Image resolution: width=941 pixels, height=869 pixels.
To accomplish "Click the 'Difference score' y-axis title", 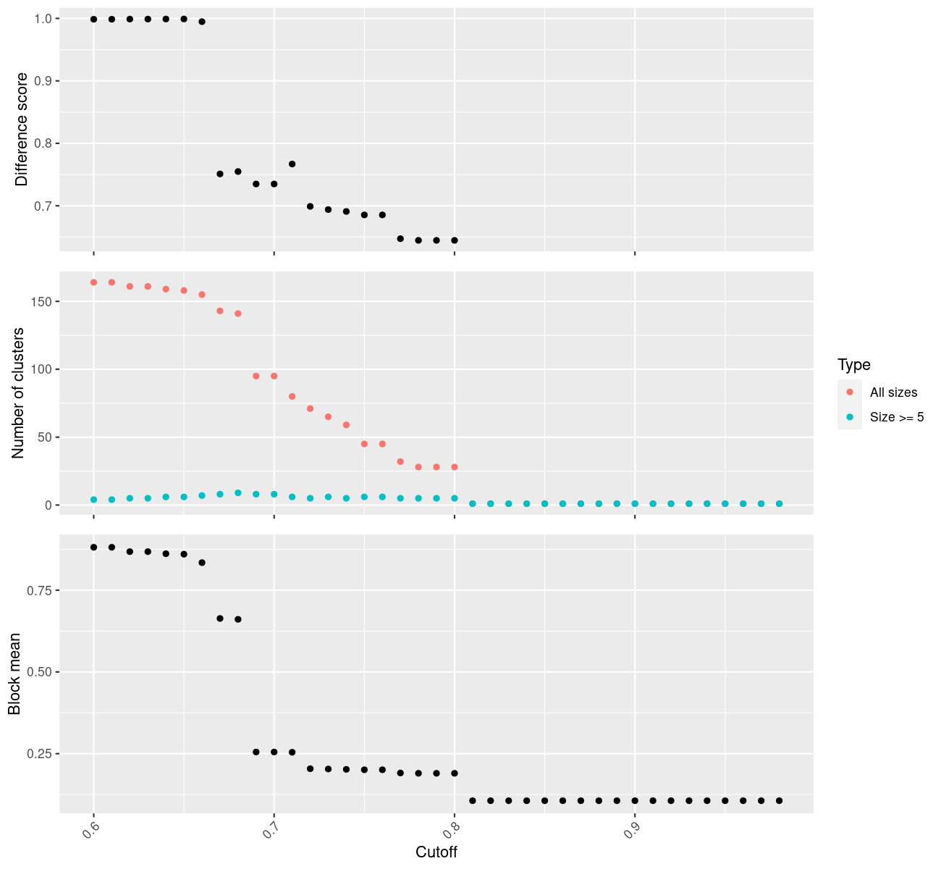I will pyautogui.click(x=22, y=130).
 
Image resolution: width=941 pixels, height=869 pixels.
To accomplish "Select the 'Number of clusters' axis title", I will pyautogui.click(x=19, y=393).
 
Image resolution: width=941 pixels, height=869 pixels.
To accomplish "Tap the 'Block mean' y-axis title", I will pyautogui.click(x=14, y=674).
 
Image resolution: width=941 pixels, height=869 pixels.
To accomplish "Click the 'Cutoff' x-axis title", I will pyautogui.click(x=436, y=852).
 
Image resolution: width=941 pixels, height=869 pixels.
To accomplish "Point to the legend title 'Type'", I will pyautogui.click(x=853, y=365).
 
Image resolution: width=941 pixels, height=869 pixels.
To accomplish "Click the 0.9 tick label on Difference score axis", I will pyautogui.click(x=42, y=81).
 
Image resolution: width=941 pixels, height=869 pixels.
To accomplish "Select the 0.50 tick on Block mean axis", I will pyautogui.click(x=39, y=672).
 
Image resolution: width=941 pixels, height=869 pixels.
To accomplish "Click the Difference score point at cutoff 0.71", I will pyautogui.click(x=292, y=164).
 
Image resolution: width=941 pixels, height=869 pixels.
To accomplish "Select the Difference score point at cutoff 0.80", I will pyautogui.click(x=455, y=240).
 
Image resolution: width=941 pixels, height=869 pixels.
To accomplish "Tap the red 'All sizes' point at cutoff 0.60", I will pyautogui.click(x=93, y=282).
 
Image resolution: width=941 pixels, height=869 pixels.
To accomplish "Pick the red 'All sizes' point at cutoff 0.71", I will pyautogui.click(x=292, y=396).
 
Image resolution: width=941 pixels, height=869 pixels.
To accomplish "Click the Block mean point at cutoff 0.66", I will pyautogui.click(x=202, y=563).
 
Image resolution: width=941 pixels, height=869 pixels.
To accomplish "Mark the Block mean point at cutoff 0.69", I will pyautogui.click(x=256, y=752).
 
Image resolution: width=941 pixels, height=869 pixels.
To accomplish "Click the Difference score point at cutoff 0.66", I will pyautogui.click(x=202, y=22).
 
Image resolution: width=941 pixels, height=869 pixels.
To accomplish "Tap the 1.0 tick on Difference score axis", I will pyautogui.click(x=42, y=18).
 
